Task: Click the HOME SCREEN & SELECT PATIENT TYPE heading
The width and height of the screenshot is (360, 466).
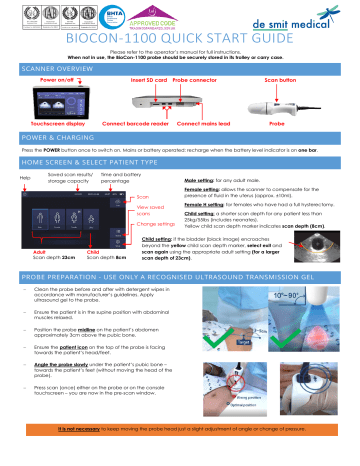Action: pyautogui.click(x=95, y=189)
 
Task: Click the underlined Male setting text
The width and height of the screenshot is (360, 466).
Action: pyautogui.click(x=204, y=209)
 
